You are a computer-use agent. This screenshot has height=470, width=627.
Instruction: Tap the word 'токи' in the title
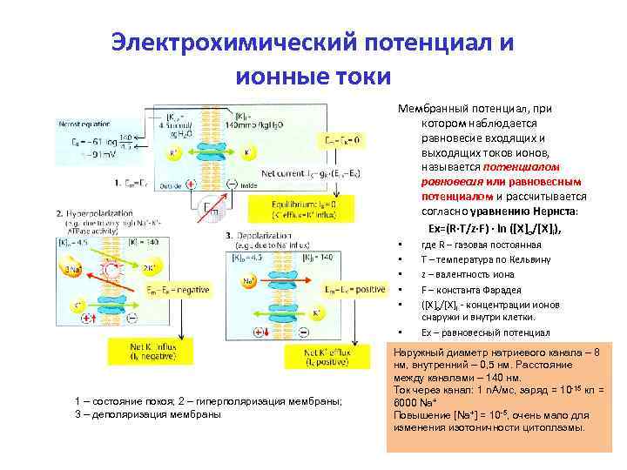[x=359, y=77]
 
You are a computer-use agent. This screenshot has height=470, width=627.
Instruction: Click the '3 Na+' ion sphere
[x=73, y=269]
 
